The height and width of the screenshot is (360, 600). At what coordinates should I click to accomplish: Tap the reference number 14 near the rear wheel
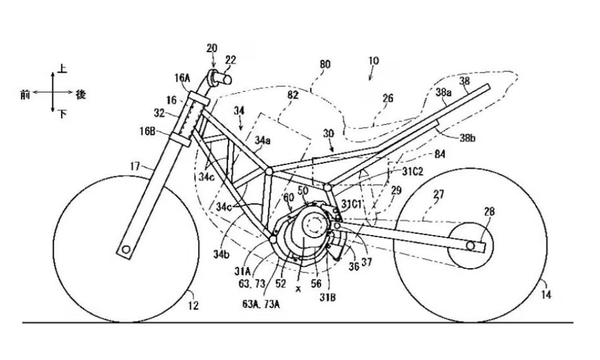click(546, 295)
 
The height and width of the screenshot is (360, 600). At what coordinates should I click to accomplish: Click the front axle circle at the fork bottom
click(126, 248)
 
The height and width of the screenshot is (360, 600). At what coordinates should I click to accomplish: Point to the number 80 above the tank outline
click(325, 64)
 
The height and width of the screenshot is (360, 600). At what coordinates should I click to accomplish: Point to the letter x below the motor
click(298, 289)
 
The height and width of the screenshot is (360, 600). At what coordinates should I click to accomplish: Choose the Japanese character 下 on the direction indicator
click(62, 113)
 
